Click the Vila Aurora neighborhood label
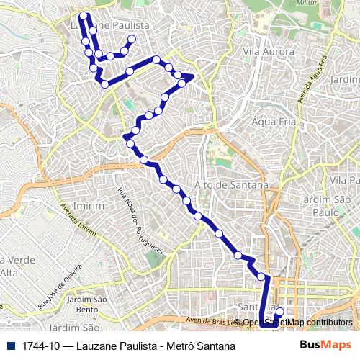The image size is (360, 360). click(x=269, y=52)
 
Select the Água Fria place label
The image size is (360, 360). click(x=269, y=122)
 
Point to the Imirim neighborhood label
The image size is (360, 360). click(x=89, y=205)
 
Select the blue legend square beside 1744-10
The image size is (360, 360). click(x=9, y=346)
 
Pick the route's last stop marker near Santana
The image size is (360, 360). click(x=279, y=312)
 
